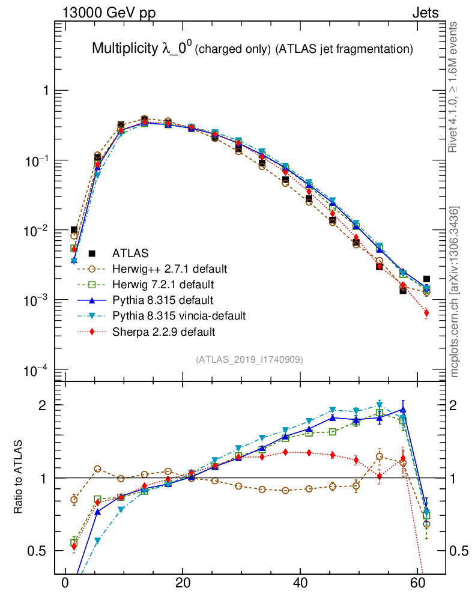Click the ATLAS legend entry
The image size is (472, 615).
click(130, 253)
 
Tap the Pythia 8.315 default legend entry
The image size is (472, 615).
click(163, 300)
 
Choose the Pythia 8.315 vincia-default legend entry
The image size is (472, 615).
click(179, 315)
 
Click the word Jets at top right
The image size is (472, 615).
click(425, 13)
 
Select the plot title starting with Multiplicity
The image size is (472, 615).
click(252, 49)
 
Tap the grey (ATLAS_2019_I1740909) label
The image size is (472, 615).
click(249, 360)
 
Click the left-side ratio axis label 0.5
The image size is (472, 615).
click(40, 551)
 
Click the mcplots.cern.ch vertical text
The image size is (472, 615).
click(455, 291)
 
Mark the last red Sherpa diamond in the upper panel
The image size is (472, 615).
click(426, 313)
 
